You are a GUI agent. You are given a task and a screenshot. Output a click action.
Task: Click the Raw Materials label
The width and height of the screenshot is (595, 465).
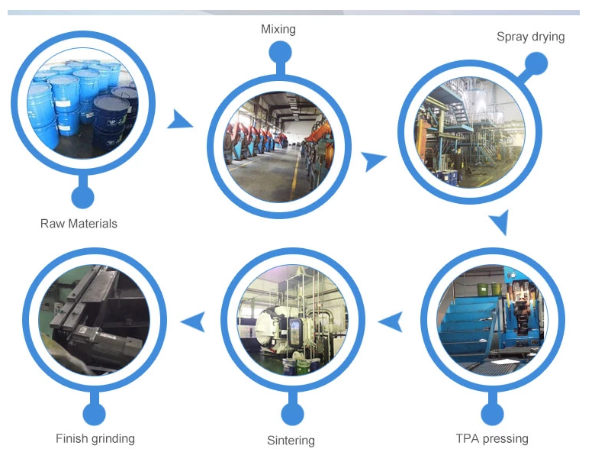79,224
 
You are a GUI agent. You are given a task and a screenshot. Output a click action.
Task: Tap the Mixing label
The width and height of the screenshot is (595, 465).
278,29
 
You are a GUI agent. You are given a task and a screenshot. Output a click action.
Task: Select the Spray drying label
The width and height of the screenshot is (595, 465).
531,37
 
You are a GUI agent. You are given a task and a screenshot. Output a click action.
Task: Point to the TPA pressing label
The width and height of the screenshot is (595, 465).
492,438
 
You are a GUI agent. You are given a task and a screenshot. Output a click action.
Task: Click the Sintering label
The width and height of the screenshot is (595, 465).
291,440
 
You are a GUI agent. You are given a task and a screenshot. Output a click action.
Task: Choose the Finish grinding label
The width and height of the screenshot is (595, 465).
95,438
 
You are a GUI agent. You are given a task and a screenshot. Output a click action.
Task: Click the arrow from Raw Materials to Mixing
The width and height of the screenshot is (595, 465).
180,120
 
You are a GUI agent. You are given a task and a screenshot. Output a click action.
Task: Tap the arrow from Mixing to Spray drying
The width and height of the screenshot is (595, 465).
373,160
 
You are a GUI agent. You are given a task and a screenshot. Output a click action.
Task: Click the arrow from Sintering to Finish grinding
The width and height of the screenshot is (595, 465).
194,322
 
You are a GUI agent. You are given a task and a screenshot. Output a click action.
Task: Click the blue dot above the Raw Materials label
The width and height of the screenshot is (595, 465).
82,197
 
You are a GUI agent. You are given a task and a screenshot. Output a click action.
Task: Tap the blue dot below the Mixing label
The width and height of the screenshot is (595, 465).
280,53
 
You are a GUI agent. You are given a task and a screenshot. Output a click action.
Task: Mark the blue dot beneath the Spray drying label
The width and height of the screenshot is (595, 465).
535,63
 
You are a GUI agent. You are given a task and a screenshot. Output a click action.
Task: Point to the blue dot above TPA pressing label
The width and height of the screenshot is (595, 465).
492,415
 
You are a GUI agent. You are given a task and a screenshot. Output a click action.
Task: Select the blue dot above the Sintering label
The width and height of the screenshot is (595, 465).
292,415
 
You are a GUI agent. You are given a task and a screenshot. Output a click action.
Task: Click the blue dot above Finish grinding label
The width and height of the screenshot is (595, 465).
94,415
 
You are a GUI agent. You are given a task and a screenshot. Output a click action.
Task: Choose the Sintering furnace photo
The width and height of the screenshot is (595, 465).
292,321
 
